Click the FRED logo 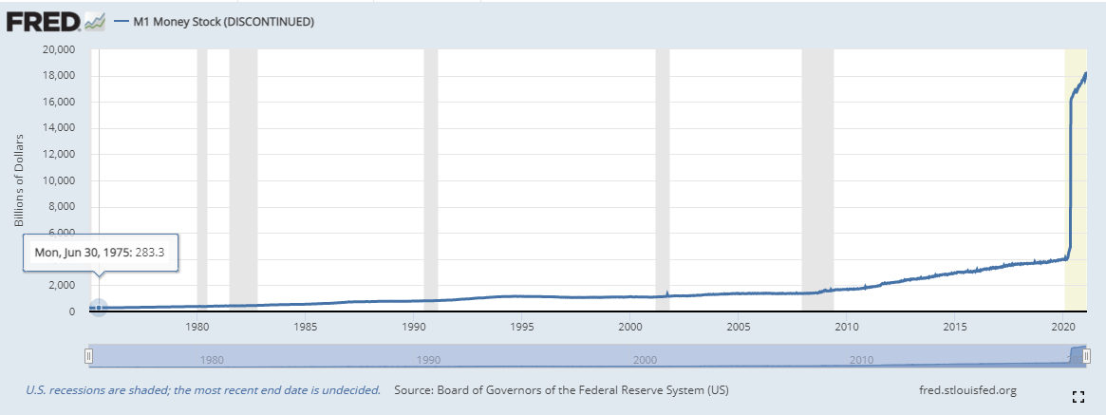pyautogui.click(x=54, y=20)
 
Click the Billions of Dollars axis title pyautogui.click(x=18, y=179)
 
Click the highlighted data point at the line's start pyautogui.click(x=98, y=308)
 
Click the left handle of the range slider pyautogui.click(x=88, y=356)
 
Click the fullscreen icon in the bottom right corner pyautogui.click(x=1078, y=396)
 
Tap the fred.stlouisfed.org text pyautogui.click(x=968, y=390)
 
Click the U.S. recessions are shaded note pyautogui.click(x=203, y=390)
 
